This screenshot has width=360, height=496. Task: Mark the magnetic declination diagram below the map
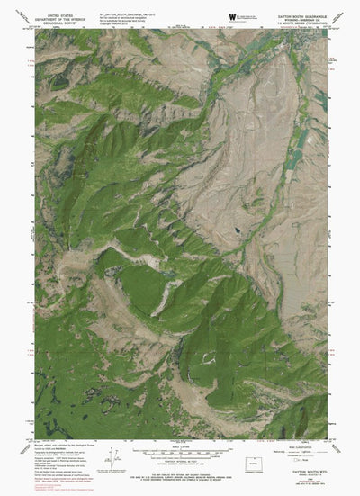[108, 455]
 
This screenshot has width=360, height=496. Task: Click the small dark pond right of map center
[235, 228]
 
